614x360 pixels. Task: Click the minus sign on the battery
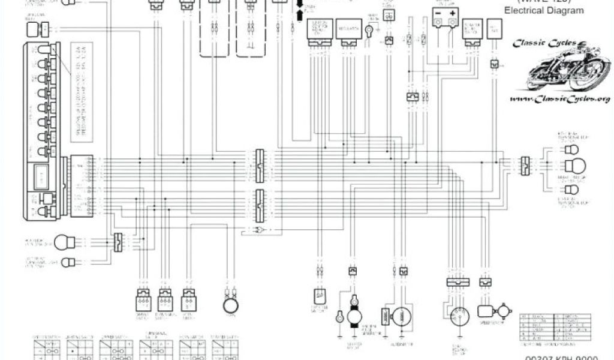[438, 13]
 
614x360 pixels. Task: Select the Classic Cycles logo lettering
[544, 43]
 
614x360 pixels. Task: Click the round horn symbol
[228, 304]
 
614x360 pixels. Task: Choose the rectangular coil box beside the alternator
[384, 316]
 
